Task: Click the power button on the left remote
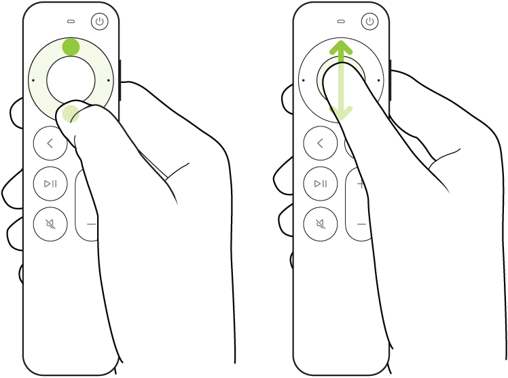(x=100, y=22)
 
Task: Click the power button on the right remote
(x=369, y=22)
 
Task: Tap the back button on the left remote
(x=50, y=143)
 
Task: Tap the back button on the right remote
(x=320, y=143)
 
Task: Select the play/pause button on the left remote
(x=50, y=184)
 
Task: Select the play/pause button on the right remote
(x=320, y=184)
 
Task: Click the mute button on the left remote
(x=50, y=224)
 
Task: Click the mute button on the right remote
(x=320, y=224)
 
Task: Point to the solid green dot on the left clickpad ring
(x=71, y=47)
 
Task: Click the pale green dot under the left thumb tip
(x=71, y=116)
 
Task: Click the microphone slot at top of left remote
(x=71, y=21)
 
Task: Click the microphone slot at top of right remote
(x=340, y=21)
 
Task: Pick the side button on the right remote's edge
(x=391, y=80)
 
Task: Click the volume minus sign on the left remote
(x=91, y=224)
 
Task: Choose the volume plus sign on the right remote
(x=361, y=184)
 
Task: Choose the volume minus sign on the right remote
(x=361, y=224)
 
